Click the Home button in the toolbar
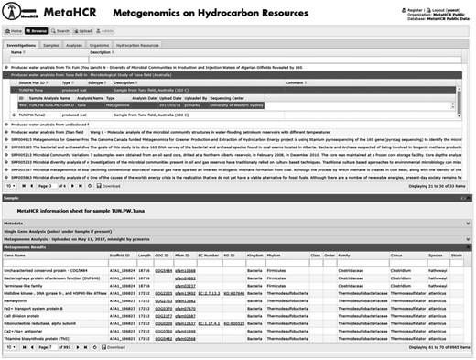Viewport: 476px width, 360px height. [14, 29]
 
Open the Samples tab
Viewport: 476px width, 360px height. [51, 44]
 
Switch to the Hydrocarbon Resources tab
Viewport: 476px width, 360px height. [137, 44]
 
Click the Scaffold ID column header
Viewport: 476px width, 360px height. [122, 256]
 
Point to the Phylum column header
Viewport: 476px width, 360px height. [280, 256]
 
